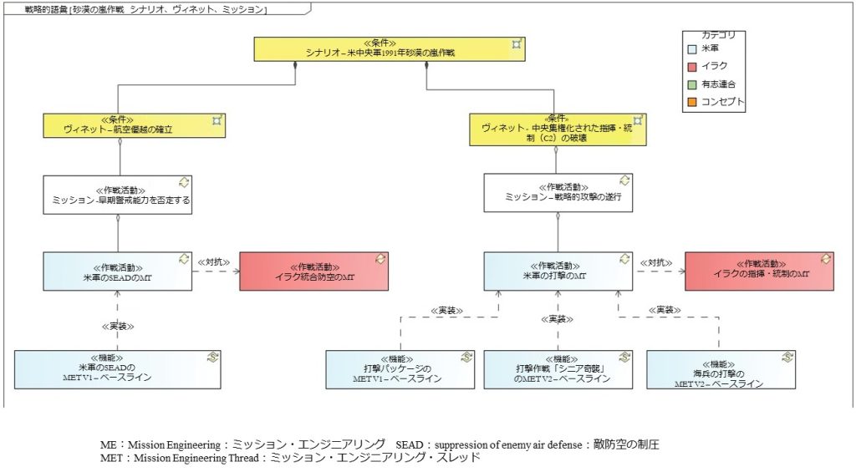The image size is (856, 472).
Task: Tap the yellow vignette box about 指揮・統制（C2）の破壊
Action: [x=558, y=129]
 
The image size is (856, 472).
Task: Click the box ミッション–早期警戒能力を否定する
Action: [x=118, y=194]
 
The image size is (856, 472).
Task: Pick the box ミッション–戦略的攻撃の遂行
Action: [x=558, y=192]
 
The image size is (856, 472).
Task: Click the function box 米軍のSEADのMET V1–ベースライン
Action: [x=118, y=369]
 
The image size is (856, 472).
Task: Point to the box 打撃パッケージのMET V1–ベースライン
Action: [x=400, y=369]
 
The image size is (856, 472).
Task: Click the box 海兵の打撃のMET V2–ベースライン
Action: [x=721, y=369]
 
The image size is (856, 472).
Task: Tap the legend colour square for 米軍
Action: [x=692, y=50]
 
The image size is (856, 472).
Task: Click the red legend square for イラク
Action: [x=692, y=67]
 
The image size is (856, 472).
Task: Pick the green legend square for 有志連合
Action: [x=692, y=84]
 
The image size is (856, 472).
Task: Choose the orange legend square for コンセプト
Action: [x=692, y=102]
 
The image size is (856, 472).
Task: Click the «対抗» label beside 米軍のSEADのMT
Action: [x=213, y=261]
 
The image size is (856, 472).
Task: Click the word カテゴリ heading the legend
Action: [x=718, y=35]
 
